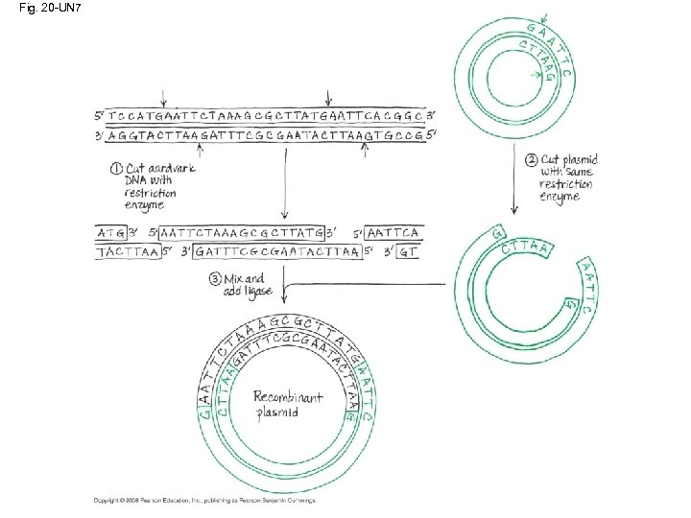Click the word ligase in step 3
coord(258,291)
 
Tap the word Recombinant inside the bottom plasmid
coord(288,396)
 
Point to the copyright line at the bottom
coord(203,500)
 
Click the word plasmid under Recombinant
coord(278,412)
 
